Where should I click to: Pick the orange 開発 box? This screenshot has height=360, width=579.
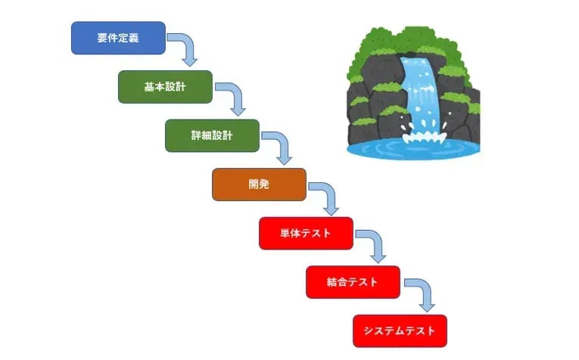tap(259, 185)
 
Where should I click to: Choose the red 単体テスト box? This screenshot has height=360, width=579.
tap(306, 233)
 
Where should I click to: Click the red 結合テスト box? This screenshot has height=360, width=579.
tap(353, 282)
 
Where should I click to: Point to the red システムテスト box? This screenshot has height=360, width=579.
tap(400, 331)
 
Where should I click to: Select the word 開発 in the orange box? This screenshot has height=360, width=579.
tap(259, 185)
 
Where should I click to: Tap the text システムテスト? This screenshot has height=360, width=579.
tap(400, 331)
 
